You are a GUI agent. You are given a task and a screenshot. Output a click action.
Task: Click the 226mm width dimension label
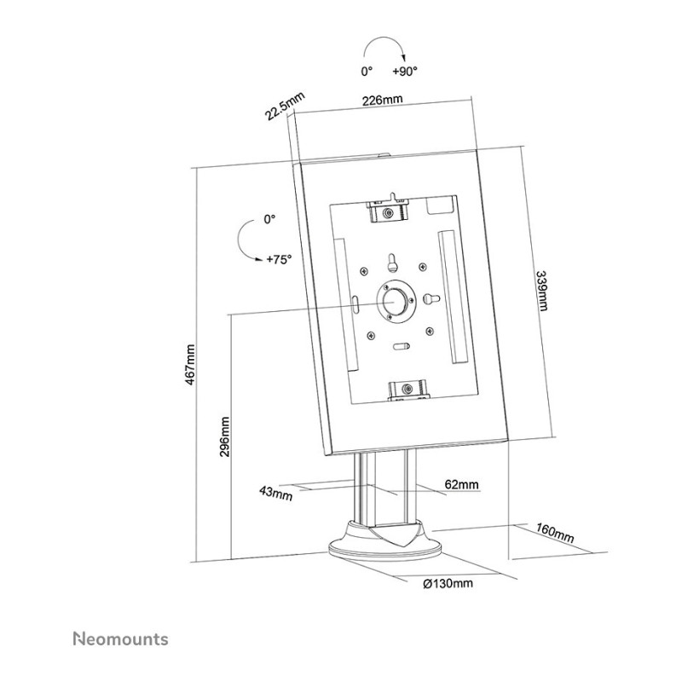coord(382,100)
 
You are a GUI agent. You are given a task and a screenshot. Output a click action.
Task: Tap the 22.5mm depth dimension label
coord(285,106)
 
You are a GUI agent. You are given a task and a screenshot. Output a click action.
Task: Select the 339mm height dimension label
coord(541,291)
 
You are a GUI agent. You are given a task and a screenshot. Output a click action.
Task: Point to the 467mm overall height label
coord(189,365)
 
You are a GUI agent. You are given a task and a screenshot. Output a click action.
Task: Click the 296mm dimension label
coord(224,437)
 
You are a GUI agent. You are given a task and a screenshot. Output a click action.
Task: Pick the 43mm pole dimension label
coord(275,494)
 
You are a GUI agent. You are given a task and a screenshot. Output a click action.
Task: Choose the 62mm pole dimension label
coord(461,484)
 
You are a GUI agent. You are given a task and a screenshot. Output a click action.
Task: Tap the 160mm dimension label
coord(555,534)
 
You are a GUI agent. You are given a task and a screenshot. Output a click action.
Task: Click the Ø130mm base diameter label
coord(448,584)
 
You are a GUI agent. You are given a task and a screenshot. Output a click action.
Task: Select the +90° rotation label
coord(404,72)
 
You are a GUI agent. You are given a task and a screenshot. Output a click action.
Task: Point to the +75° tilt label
coord(279,260)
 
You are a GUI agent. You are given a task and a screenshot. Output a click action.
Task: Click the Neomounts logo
coord(120,639)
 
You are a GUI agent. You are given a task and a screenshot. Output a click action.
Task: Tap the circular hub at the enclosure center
coord(394,301)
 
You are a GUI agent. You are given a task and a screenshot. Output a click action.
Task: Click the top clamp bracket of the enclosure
coord(389,210)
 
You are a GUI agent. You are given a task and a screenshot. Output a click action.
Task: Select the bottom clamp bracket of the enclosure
coord(407,389)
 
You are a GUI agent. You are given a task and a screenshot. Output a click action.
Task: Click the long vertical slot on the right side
coord(454,297)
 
